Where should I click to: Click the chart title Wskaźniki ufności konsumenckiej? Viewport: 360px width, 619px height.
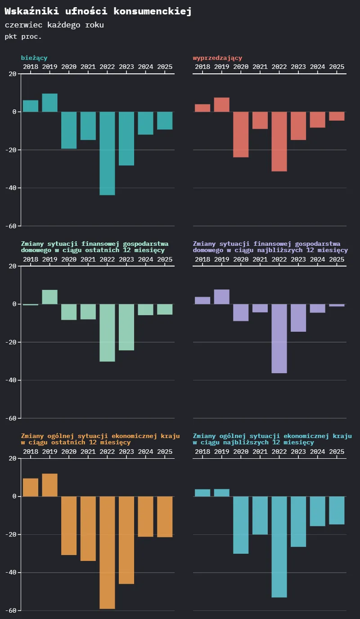pos(98,12)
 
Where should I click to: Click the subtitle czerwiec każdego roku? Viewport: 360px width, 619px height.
pos(54,25)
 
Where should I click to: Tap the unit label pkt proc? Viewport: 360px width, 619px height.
pos(23,36)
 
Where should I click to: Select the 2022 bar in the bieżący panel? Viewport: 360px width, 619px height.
pos(107,153)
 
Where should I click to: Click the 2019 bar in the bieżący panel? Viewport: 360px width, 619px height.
pos(49,103)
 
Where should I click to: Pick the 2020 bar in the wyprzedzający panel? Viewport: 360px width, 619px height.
pos(241,134)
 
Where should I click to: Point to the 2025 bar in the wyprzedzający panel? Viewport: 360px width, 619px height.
pos(337,116)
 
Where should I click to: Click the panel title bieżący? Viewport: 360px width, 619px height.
pos(34,58)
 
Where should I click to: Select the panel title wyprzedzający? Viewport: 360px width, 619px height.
pos(217,58)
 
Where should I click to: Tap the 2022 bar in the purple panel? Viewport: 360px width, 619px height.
pos(279,339)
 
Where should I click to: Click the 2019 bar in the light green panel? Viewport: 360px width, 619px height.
pos(49,297)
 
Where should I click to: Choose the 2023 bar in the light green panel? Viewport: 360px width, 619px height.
pos(126,327)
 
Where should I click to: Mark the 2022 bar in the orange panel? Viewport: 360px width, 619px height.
pos(107,552)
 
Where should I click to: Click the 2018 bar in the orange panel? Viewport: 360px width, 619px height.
pos(31,488)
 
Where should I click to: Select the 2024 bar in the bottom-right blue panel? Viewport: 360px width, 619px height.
pos(317,511)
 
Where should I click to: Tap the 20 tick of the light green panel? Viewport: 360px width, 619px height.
pos(13,266)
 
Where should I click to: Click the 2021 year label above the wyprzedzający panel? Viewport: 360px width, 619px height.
pos(260,67)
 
